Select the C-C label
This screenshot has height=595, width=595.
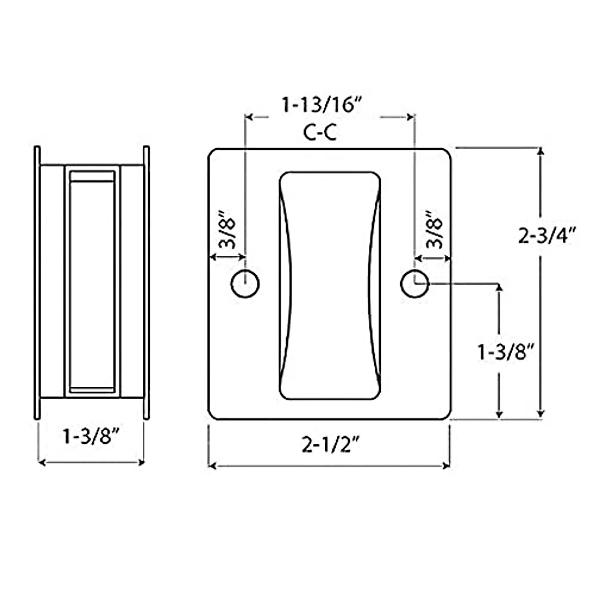(x=320, y=132)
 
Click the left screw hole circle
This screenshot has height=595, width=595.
(x=245, y=284)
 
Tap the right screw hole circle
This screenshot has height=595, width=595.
(x=415, y=284)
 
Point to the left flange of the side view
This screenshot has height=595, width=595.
(x=37, y=283)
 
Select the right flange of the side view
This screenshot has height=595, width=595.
(x=146, y=283)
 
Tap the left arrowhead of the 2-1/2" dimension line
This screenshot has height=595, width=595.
(x=212, y=466)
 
